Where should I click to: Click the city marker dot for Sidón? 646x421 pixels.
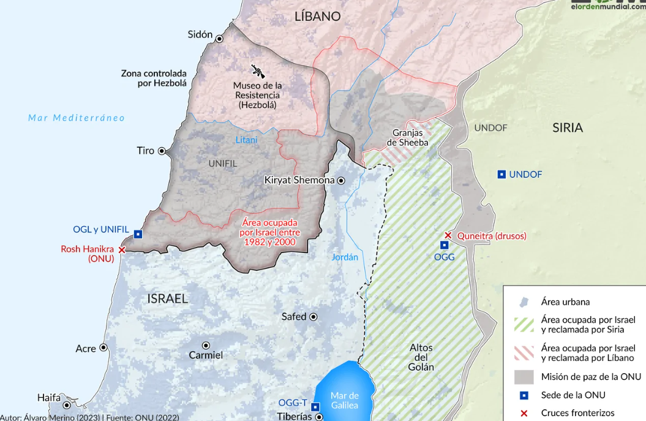tap(219, 36)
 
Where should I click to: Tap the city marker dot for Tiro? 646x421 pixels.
tap(162, 151)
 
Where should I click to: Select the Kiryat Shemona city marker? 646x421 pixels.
tap(341, 181)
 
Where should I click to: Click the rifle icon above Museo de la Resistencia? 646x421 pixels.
tap(258, 71)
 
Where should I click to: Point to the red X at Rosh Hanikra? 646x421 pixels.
tap(122, 250)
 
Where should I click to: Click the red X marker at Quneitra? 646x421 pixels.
tap(448, 235)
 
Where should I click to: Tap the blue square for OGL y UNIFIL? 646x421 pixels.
tap(138, 234)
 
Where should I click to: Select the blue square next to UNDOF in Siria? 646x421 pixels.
tap(501, 175)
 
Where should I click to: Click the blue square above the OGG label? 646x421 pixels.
tap(445, 245)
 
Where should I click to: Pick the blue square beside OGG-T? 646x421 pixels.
tap(315, 407)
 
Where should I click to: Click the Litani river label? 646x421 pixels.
tap(247, 140)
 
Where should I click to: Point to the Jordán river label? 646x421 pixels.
tap(345, 257)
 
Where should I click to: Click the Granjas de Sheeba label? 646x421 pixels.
tap(408, 138)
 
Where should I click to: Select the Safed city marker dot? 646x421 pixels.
tap(314, 317)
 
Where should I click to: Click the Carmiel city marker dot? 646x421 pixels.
tap(206, 346)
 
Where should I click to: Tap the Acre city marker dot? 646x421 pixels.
tap(103, 347)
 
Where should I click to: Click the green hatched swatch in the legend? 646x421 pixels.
tap(524, 325)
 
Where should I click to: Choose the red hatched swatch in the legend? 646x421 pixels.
tap(524, 353)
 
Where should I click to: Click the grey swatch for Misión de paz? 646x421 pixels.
tap(524, 376)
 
